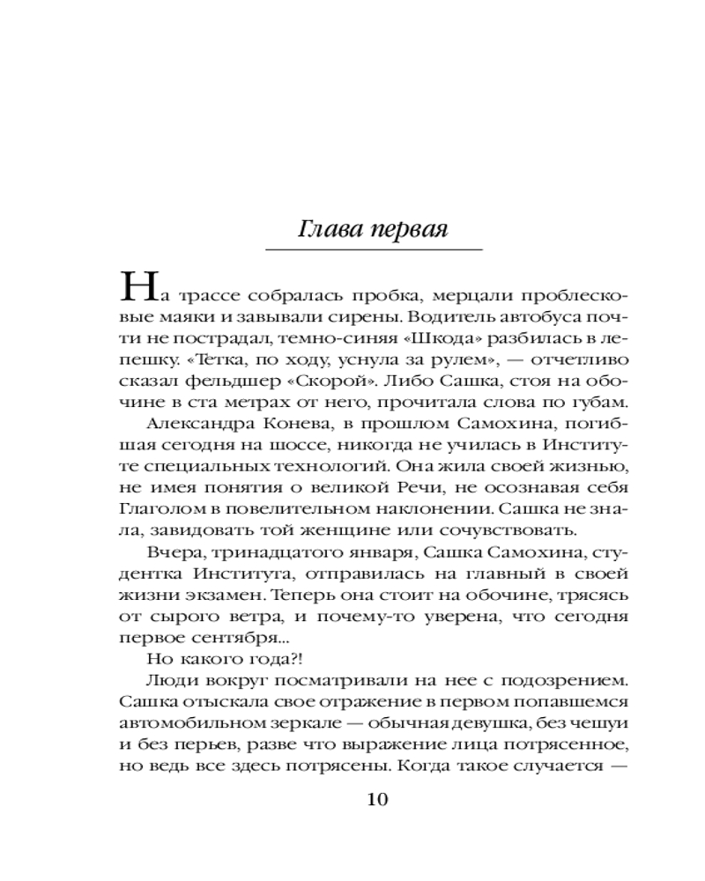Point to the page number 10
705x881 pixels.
(375, 800)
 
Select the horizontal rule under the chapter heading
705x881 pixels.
(374, 251)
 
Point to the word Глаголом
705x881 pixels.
(160, 508)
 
